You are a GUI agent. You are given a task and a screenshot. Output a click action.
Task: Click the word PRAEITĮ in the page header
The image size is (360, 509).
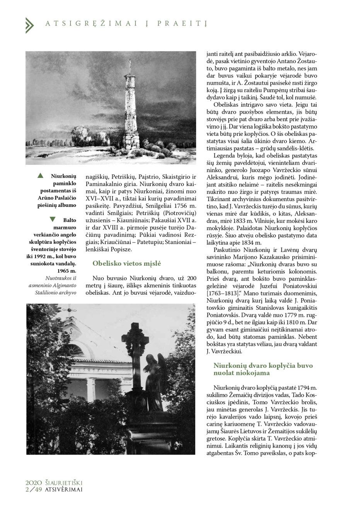point(182,24)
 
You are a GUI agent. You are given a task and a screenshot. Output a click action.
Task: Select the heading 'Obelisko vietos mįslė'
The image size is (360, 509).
point(126,263)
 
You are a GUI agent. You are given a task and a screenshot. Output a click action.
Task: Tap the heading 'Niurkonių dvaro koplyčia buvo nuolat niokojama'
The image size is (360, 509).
point(263,369)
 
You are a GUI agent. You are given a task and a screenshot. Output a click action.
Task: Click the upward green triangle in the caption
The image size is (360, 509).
point(40,176)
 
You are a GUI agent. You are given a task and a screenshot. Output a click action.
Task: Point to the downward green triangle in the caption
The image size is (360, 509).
point(53,219)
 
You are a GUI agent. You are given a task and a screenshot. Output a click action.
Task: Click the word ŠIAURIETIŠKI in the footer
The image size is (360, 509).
point(64,483)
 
